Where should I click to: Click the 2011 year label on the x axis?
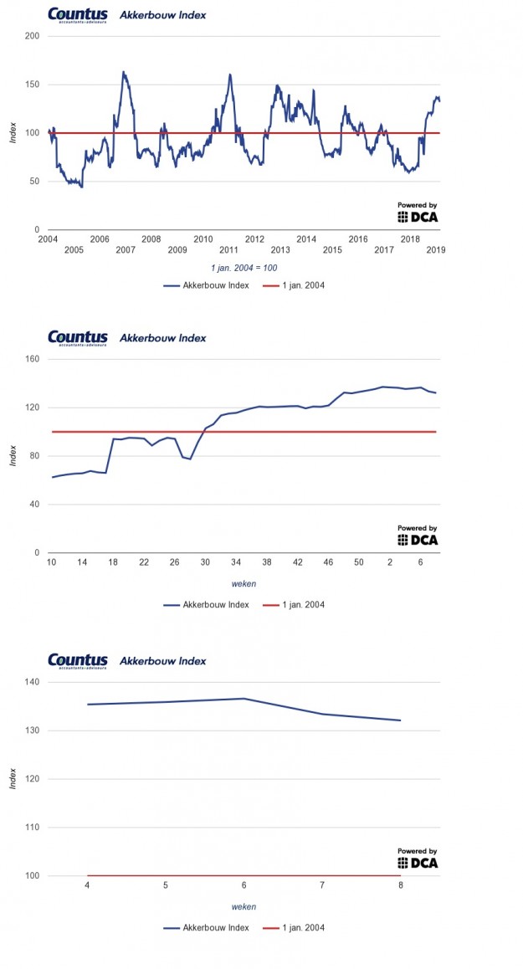[x=228, y=250]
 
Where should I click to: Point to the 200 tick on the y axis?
[x=33, y=36]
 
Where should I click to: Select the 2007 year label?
[x=126, y=250]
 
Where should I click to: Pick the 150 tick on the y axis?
[x=33, y=85]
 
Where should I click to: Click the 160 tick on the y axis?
[x=33, y=360]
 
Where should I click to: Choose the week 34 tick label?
[x=236, y=562]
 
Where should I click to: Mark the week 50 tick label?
[x=358, y=562]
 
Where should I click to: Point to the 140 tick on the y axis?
[x=33, y=683]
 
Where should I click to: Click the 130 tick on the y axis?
[x=33, y=731]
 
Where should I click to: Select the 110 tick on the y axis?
[x=33, y=828]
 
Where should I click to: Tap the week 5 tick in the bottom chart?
[x=166, y=885]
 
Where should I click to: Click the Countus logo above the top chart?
[x=78, y=15]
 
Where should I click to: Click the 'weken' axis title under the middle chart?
[x=244, y=584]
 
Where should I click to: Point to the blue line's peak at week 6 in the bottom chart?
[x=244, y=699]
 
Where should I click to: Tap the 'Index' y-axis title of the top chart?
[x=13, y=133]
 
